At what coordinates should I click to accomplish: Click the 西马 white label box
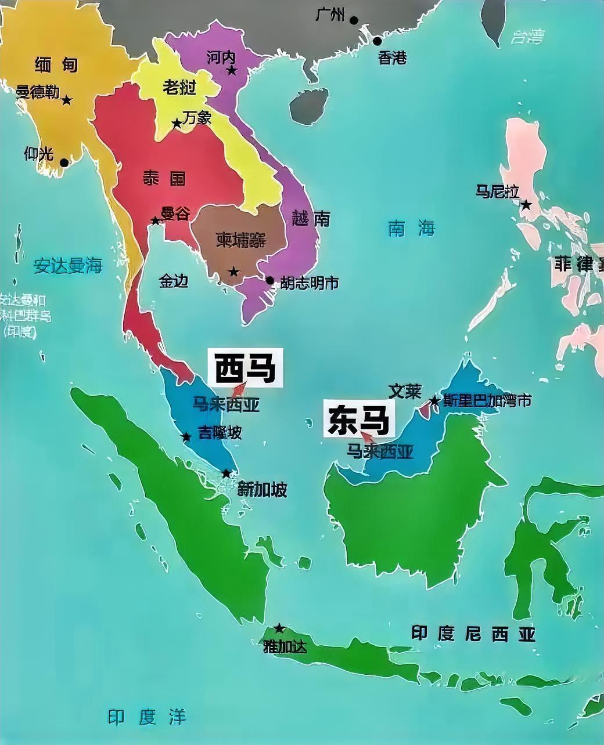pos(246,367)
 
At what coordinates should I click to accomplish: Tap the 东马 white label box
pos(358,419)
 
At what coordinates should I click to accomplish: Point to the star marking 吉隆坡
pos(186,437)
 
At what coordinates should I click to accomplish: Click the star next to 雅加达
pos(279,628)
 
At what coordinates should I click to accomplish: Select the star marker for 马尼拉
pos(526,205)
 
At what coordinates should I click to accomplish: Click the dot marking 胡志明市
pos(270,281)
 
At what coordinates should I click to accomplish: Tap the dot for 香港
pos(378,41)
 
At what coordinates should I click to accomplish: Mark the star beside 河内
pos(232,71)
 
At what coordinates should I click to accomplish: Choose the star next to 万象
pos(177,124)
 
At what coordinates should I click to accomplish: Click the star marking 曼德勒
pos(67,100)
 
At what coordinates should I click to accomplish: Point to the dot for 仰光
pos(64,162)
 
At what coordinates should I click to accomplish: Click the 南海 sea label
pos(411,229)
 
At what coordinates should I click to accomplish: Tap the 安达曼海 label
pos(68,266)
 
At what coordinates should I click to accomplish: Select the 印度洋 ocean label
pos(148,717)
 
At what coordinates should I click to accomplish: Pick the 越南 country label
pos(312,219)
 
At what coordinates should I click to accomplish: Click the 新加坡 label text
pos(263,490)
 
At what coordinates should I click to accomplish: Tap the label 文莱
pos(405,391)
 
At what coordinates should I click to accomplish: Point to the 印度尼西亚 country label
pos(473,634)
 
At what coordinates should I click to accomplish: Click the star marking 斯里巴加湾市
pos(434,401)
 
